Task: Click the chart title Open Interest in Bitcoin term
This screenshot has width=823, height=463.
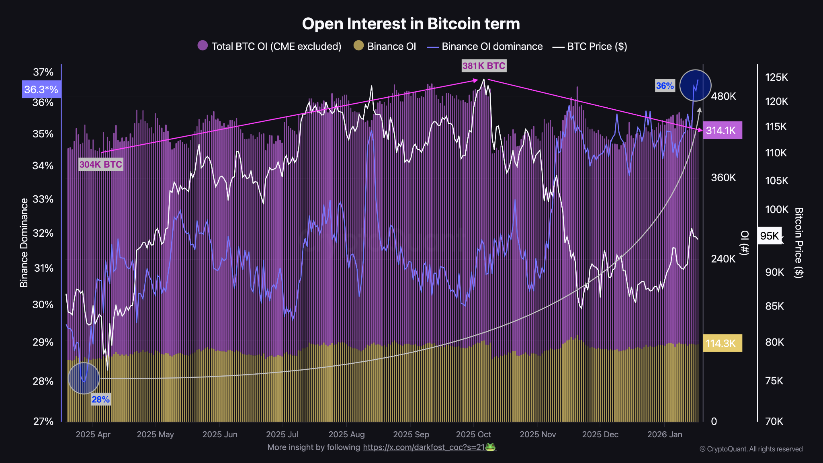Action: tap(411, 24)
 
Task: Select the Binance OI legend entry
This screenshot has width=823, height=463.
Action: tap(385, 46)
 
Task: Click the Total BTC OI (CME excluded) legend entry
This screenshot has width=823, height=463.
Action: tap(270, 46)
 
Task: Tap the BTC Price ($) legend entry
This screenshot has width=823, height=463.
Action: tap(590, 47)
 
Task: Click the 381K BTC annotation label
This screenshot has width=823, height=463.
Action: tap(484, 66)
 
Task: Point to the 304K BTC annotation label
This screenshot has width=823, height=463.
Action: tap(100, 164)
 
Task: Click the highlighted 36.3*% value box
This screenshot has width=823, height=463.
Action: tap(41, 89)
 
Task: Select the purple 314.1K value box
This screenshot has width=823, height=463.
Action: tap(722, 130)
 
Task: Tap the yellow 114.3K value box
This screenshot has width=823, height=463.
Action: tap(722, 343)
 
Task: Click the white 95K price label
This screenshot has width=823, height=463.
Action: tap(769, 236)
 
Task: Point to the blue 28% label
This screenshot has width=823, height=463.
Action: tap(100, 399)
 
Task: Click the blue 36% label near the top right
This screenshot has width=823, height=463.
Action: tap(665, 86)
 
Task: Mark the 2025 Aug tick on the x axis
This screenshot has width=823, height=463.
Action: tap(346, 434)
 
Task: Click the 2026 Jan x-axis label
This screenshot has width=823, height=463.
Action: tap(665, 434)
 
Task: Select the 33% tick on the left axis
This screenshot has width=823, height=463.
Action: tap(43, 199)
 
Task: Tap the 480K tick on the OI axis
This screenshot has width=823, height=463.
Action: tap(723, 96)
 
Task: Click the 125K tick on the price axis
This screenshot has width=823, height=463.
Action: tap(776, 77)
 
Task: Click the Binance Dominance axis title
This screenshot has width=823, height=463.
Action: tap(24, 243)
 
